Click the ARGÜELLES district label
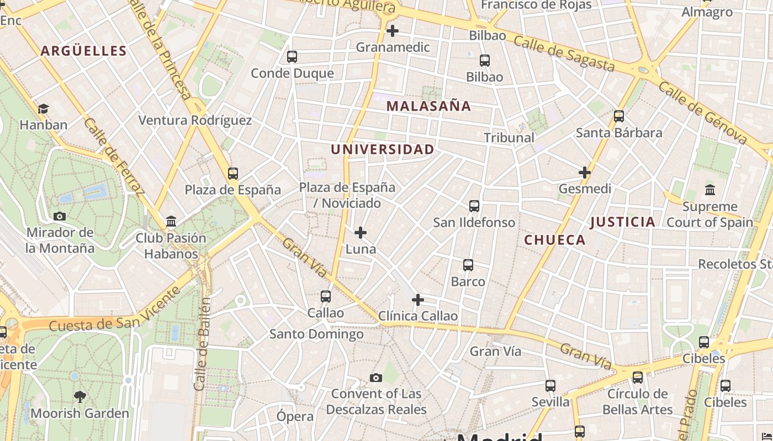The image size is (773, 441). coord(84,51)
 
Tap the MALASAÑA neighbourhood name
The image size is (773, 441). coord(428,106)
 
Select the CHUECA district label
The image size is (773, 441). coord(554,240)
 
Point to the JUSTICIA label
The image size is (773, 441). coord(623,222)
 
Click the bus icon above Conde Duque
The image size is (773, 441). coord(292,56)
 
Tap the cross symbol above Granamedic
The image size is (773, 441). coord(393,31)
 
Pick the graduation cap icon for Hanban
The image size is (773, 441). coord(44,109)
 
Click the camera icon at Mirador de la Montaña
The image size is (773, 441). coord(60,216)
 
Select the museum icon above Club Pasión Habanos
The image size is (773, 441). coord(171,222)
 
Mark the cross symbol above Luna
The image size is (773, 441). coord(361,233)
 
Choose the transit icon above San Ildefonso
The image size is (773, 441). coord(474,206)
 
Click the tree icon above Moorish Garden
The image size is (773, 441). coord(80,396)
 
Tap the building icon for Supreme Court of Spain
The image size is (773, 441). coord(710,190)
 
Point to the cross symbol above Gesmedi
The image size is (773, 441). coord(585,173)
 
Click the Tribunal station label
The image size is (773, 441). coord(509,138)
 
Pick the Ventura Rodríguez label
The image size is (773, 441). coord(195,120)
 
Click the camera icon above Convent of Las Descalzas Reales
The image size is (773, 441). coord(376,378)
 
